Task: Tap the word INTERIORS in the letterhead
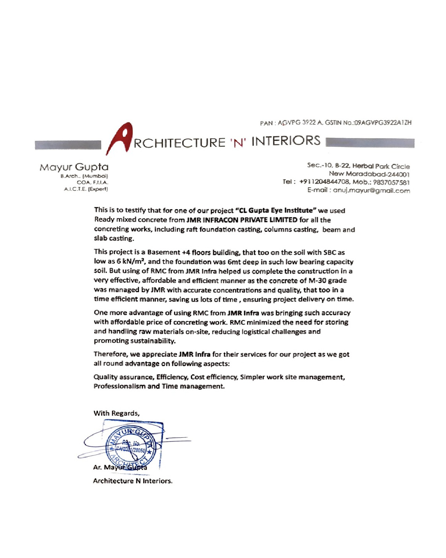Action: [x=286, y=141]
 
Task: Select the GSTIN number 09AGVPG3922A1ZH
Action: [x=383, y=123]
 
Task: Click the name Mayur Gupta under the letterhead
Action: [x=74, y=167]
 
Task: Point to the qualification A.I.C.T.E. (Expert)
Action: [x=86, y=189]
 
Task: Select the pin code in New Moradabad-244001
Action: [x=399, y=174]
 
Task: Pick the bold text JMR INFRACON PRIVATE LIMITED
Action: [x=242, y=220]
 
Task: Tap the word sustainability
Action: [x=153, y=341]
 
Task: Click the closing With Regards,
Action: [x=116, y=413]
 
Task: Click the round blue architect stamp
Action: [x=130, y=446]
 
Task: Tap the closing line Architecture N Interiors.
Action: [x=133, y=481]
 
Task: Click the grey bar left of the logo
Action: [x=68, y=145]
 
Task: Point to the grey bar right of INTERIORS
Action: [x=370, y=143]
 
